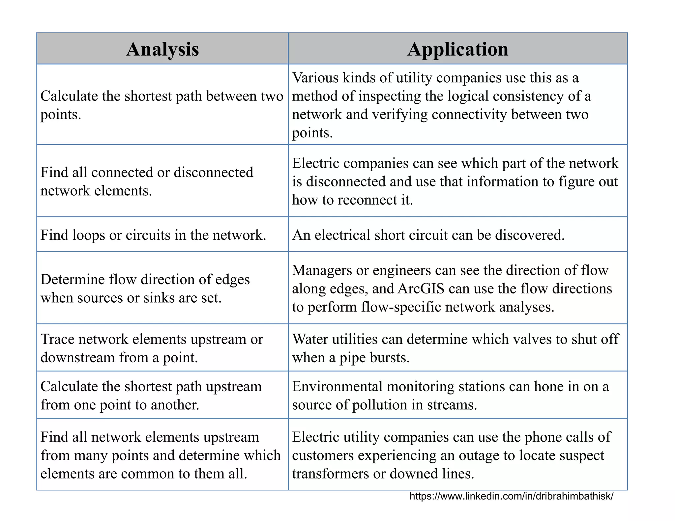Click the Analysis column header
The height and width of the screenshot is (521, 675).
click(x=162, y=49)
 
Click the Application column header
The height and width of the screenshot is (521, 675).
click(x=458, y=49)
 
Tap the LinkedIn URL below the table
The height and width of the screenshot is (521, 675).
click(x=511, y=496)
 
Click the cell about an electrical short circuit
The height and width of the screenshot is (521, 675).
click(x=428, y=235)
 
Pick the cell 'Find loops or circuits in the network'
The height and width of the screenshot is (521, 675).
click(x=153, y=235)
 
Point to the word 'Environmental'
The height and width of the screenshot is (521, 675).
click(x=337, y=386)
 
